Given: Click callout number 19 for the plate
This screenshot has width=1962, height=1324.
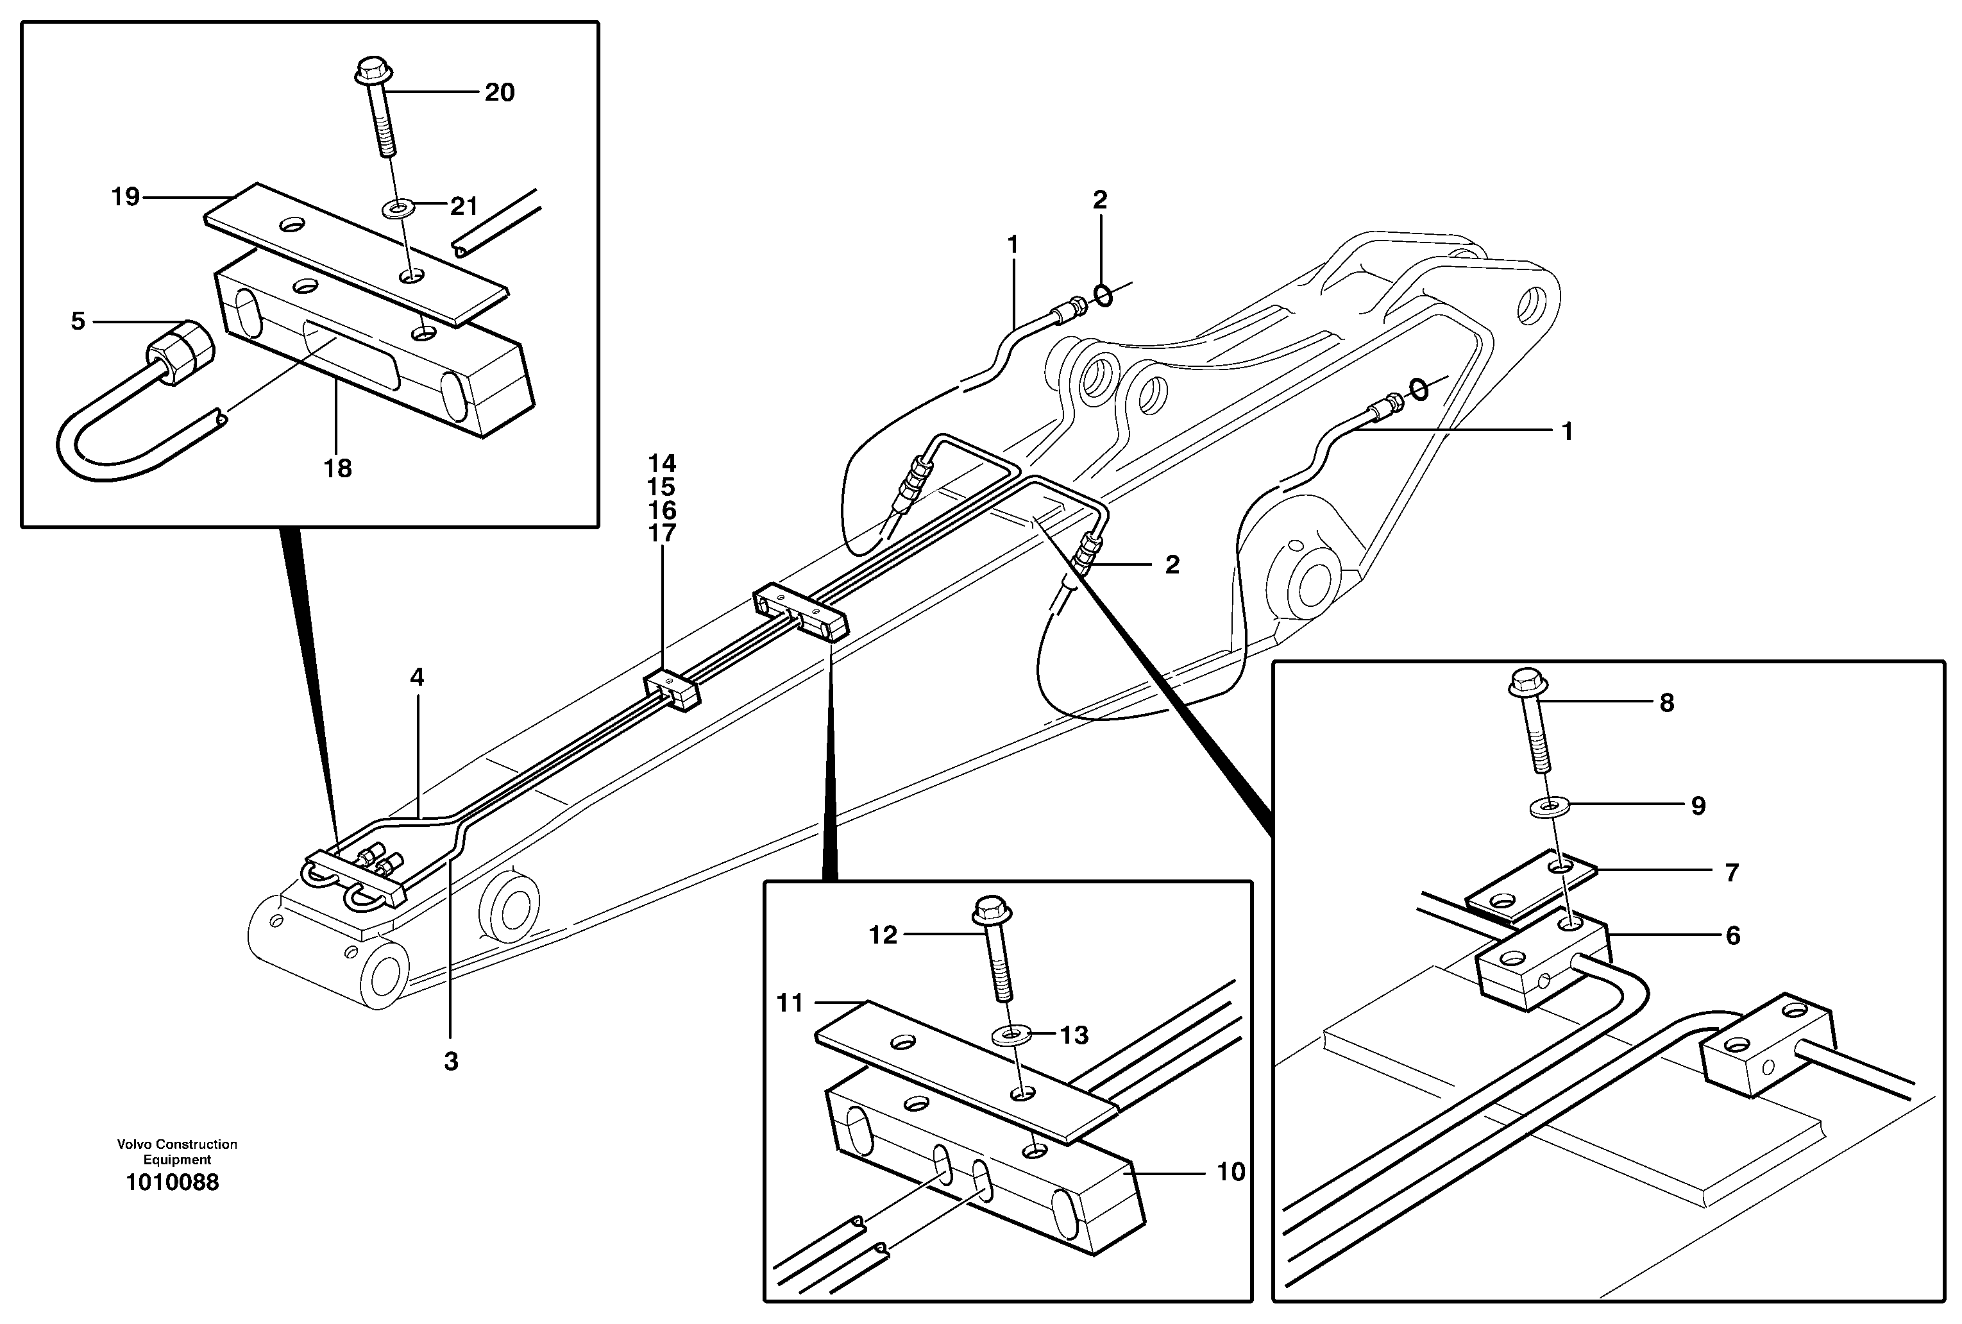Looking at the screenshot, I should point(125,198).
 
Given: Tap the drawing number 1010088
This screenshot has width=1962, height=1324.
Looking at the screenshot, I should point(173,1182).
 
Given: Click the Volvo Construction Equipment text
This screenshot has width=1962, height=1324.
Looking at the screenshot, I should point(177,1151).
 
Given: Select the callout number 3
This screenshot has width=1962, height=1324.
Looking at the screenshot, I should point(451,1062).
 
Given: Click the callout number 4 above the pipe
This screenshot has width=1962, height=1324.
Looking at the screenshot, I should point(417,677).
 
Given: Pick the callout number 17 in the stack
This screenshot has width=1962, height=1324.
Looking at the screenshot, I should point(662,533).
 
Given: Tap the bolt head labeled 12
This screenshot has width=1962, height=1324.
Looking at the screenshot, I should point(992,910).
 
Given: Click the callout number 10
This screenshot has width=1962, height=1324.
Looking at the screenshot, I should point(1230,1172).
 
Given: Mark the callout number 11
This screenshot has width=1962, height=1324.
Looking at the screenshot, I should point(790,1003).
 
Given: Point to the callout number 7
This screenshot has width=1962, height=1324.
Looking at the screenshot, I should point(1732,872).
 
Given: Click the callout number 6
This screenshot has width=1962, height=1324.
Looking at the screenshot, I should point(1732,935).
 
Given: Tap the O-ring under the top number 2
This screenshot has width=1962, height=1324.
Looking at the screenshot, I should point(1102,294).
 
